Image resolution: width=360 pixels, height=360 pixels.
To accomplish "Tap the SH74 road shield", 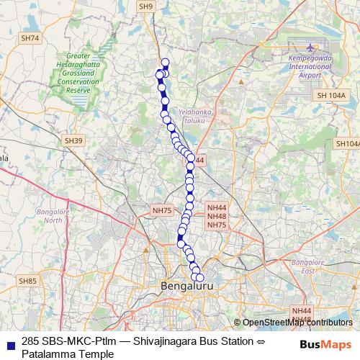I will [x=30, y=37].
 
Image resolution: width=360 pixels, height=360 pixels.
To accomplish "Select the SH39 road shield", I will [x=73, y=140].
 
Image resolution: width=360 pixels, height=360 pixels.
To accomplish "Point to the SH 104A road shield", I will [x=331, y=95].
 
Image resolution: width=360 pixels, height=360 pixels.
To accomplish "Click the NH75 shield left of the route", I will [x=162, y=210].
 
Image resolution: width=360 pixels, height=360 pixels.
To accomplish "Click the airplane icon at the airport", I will [x=310, y=47].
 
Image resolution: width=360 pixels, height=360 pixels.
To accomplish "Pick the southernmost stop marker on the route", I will [x=199, y=278].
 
